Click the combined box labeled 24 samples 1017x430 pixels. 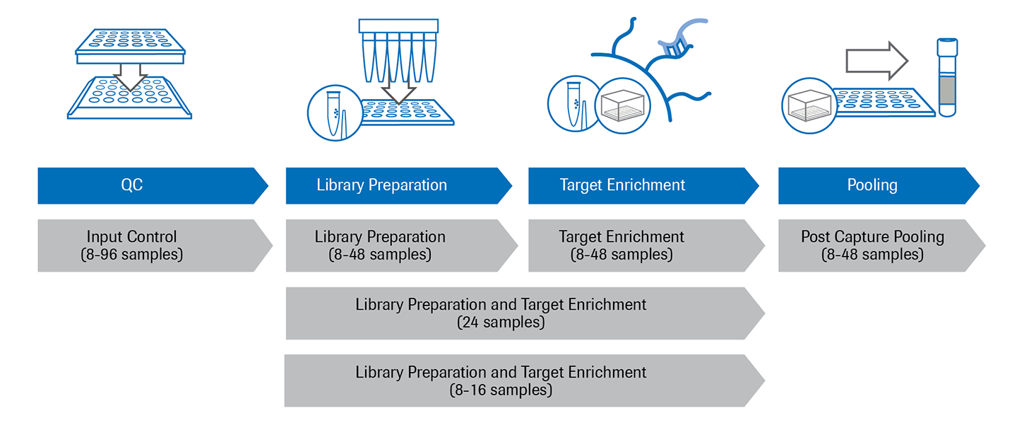[x=523, y=313]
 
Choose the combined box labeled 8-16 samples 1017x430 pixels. [x=523, y=380]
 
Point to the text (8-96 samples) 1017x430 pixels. [x=132, y=255]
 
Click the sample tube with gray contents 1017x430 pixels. [x=946, y=78]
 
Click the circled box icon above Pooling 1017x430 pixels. [x=809, y=105]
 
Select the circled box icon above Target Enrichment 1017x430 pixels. [x=623, y=105]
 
